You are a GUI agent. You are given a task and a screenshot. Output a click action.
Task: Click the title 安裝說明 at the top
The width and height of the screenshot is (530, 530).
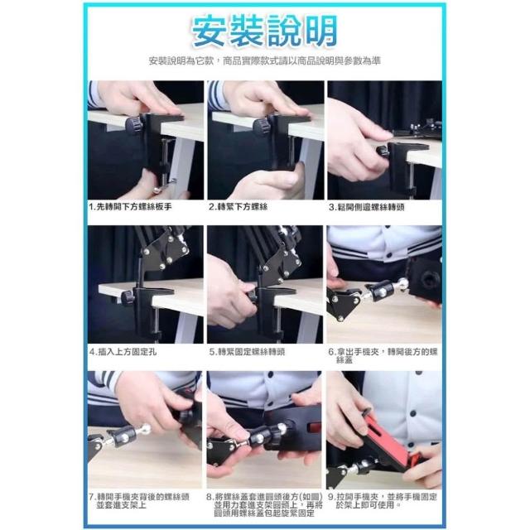tap(265, 31)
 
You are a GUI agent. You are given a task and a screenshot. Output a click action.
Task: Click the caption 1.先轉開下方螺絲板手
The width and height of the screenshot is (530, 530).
tap(130, 207)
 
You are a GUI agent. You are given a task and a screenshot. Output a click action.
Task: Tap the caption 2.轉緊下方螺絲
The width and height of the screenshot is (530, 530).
tap(238, 207)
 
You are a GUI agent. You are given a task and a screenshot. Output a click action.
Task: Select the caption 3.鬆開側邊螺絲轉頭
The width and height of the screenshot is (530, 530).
tap(366, 207)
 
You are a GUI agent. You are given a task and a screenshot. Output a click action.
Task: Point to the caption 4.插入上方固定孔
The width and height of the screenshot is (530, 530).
tap(123, 352)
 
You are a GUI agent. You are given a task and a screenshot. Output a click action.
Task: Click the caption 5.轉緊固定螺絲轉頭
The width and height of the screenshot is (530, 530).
tap(247, 352)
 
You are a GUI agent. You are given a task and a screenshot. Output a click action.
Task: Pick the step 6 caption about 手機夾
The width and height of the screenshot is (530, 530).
tap(383, 356)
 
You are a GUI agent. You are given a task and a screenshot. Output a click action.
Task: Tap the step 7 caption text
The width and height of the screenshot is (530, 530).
tap(139, 501)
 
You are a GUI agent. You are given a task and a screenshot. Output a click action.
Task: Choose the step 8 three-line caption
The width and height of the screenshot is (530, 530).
tap(264, 505)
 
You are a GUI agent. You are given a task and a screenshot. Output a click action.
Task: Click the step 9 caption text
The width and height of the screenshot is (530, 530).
tap(383, 501)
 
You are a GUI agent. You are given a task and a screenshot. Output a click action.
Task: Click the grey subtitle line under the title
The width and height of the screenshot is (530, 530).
tap(265, 60)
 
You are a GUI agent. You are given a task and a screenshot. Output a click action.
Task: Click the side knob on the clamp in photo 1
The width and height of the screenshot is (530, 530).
tap(132, 124)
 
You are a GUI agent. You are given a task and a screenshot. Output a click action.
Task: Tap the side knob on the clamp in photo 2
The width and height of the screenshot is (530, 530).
tap(262, 126)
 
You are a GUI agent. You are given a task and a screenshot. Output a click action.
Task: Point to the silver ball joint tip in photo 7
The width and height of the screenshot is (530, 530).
tap(146, 429)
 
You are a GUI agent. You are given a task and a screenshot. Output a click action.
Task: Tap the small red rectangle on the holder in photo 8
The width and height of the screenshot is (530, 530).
tap(315, 427)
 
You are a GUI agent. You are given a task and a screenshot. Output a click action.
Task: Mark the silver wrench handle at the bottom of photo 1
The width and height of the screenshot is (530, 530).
tap(163, 186)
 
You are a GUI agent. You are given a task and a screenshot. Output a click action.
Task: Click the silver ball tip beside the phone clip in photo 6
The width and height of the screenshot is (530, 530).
tap(402, 283)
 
